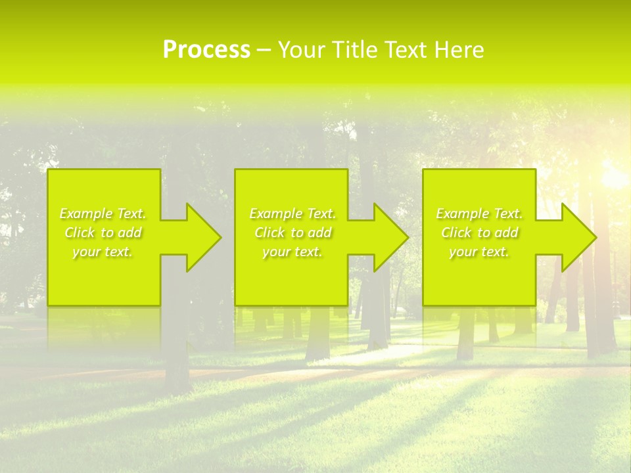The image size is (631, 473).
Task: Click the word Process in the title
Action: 206,50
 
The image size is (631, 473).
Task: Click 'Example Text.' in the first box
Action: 103,214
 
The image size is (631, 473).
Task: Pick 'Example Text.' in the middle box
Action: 292,214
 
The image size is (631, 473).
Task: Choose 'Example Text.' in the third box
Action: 479,214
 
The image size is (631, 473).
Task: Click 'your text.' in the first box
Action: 103,252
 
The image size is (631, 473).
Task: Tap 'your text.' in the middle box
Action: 292,252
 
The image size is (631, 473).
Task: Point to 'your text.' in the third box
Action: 479,252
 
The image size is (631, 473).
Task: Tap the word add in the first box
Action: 130,233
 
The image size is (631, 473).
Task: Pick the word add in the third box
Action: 507,233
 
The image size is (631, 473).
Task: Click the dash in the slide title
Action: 264,51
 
